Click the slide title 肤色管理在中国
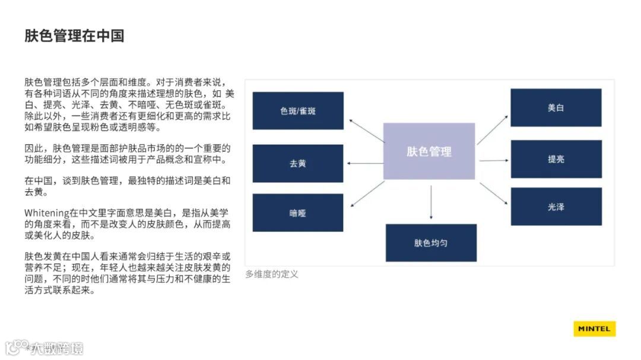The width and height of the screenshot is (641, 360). (x=74, y=36)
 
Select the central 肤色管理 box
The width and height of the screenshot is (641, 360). (x=429, y=151)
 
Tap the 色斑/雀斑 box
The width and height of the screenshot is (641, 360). (x=298, y=111)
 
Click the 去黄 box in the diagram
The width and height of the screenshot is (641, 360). (x=298, y=163)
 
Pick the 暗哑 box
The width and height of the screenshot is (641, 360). (x=298, y=213)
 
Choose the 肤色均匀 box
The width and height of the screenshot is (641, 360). (x=431, y=243)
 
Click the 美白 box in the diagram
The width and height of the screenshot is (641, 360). (x=556, y=108)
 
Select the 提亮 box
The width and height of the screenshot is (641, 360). (x=556, y=159)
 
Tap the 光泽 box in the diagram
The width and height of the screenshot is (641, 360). (x=556, y=207)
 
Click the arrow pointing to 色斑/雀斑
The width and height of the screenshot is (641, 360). (x=366, y=130)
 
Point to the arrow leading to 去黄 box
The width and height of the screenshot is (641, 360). (x=365, y=163)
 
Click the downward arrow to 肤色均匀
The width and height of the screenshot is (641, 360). (x=431, y=202)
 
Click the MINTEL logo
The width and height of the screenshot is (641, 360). (x=594, y=329)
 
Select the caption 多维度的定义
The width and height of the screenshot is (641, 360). (x=272, y=274)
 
